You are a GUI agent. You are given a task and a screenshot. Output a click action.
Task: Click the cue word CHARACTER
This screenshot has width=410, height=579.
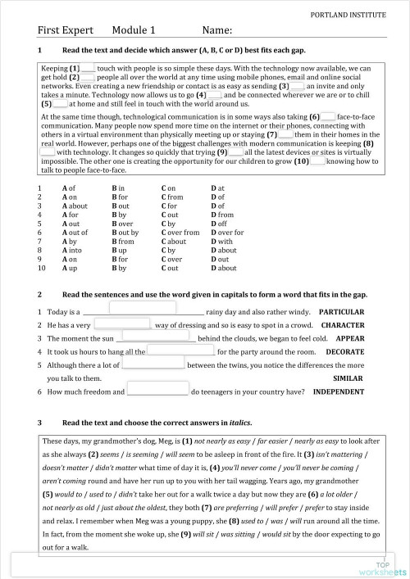click(x=342, y=325)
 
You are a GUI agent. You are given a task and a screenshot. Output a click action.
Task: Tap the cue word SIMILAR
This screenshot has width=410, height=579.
click(x=348, y=378)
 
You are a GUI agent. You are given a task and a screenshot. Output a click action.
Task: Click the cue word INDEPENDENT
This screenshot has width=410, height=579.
click(x=339, y=391)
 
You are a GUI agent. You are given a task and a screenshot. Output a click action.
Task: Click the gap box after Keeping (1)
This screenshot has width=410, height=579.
click(x=89, y=69)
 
